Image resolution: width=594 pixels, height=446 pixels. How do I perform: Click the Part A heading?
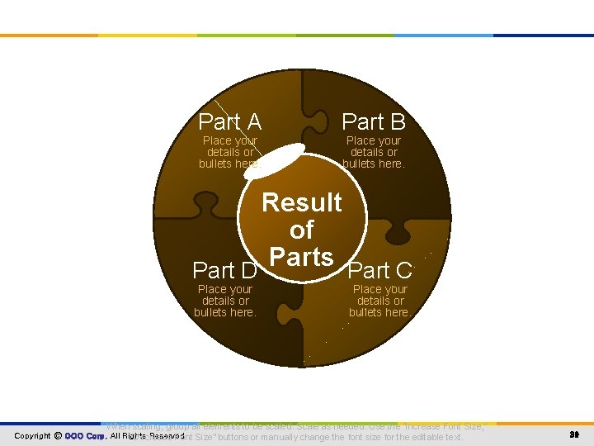[x=230, y=122]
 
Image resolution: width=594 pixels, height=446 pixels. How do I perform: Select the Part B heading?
[x=374, y=122]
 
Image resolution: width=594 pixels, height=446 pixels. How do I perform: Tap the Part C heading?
[x=380, y=270]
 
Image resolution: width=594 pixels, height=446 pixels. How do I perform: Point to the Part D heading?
[x=224, y=270]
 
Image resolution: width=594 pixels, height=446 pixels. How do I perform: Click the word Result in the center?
[x=302, y=202]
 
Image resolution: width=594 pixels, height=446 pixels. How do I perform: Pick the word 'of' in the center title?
[x=302, y=230]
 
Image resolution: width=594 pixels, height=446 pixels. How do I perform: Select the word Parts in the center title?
[x=302, y=257]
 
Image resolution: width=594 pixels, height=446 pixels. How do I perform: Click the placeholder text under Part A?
[x=230, y=152]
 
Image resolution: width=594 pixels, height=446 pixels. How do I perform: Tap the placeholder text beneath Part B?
[x=374, y=152]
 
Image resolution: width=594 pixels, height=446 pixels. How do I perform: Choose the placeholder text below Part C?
[x=380, y=301]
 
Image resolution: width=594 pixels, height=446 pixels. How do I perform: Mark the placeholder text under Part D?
[x=224, y=301]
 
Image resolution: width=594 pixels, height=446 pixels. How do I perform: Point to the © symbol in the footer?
[x=58, y=435]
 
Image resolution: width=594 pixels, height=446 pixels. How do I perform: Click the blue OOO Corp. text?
[x=85, y=435]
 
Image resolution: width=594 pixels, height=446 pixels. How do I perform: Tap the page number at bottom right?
[x=573, y=435]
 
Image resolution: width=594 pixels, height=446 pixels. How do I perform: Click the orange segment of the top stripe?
[x=49, y=36]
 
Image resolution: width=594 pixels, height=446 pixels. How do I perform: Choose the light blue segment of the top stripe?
[x=445, y=36]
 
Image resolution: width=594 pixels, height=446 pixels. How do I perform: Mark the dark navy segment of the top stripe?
[x=544, y=36]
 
